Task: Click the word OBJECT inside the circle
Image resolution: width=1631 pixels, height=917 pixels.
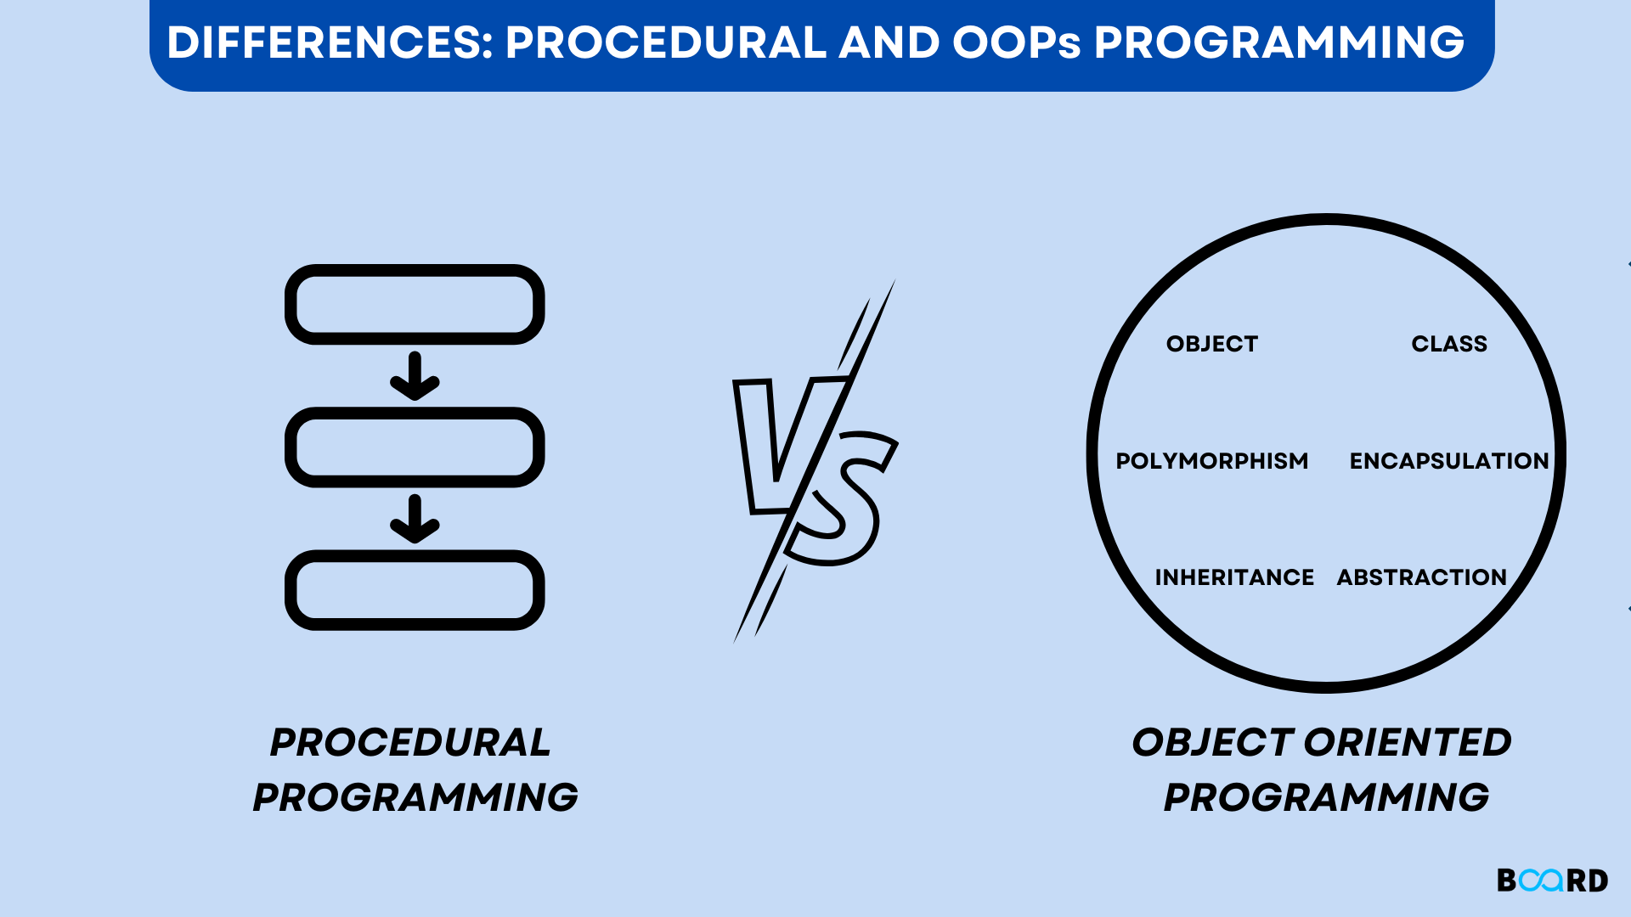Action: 1211,344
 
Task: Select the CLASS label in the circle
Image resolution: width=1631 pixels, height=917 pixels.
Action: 1449,344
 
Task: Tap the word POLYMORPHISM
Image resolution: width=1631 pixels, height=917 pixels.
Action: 1211,461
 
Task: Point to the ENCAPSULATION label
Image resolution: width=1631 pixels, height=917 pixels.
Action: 1449,461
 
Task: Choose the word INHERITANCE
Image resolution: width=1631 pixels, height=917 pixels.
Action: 1233,577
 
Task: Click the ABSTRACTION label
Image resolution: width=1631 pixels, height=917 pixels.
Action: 1421,577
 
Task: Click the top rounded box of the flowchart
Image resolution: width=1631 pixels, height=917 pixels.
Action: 415,304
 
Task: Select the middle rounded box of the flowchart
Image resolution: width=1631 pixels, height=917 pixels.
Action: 415,447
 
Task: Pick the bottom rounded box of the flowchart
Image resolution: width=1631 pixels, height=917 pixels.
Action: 415,590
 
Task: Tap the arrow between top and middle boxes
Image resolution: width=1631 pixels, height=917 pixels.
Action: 415,376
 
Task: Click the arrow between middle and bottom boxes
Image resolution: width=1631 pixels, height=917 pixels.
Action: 415,519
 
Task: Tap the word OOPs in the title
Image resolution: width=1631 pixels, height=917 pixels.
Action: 1016,42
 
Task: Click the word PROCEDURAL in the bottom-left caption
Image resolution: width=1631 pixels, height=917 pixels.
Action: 410,743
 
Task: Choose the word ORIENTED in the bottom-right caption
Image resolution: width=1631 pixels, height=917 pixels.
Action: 1408,743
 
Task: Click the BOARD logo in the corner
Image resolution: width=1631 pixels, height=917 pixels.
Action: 1552,880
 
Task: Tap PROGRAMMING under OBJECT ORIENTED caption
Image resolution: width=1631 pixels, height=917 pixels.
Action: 1326,798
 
